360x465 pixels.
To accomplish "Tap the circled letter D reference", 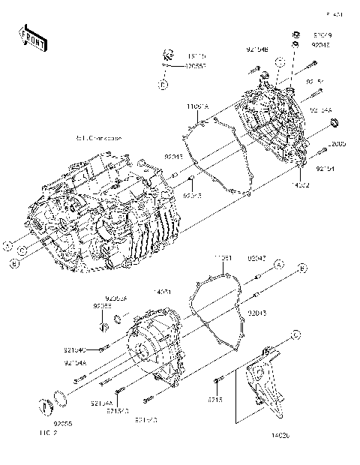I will [x=163, y=85].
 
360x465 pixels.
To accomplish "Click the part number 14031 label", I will [x=163, y=290].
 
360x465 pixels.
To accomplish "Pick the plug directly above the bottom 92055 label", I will [x=46, y=407].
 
